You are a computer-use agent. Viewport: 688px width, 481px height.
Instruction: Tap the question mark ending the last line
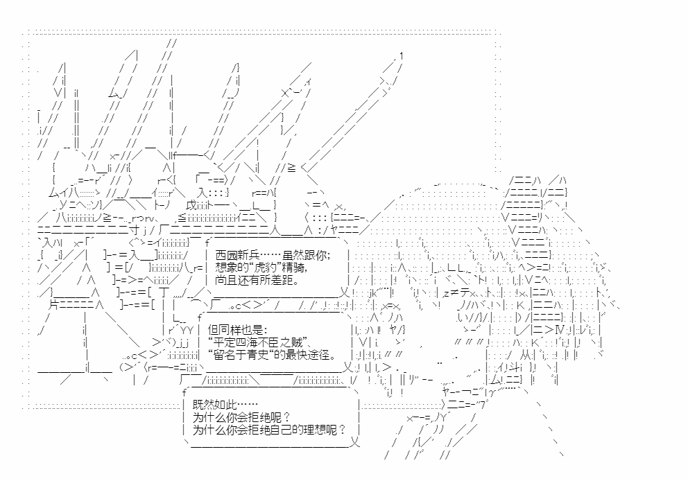point(341,430)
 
